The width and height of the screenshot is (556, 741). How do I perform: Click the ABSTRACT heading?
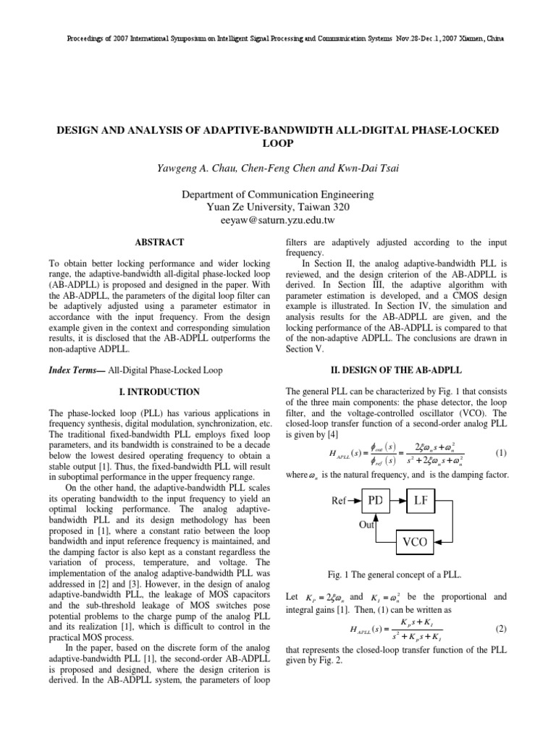tap(159, 242)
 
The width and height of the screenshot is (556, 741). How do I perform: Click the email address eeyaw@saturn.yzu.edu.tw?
tap(278, 219)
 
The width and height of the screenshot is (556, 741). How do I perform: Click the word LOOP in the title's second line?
tap(278, 143)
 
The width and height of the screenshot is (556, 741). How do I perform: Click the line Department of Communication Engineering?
tap(278, 195)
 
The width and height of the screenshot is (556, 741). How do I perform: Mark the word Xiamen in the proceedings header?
tap(472, 38)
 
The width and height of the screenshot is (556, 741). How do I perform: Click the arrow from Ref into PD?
tap(353, 499)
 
